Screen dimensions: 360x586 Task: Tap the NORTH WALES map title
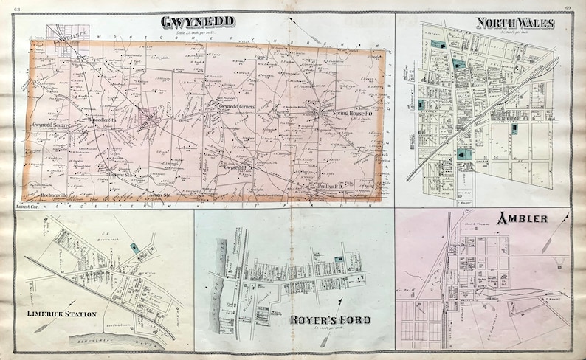tap(515, 24)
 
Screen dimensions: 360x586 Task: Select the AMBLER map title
tap(522, 219)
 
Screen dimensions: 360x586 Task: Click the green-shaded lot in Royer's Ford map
tap(338, 259)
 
